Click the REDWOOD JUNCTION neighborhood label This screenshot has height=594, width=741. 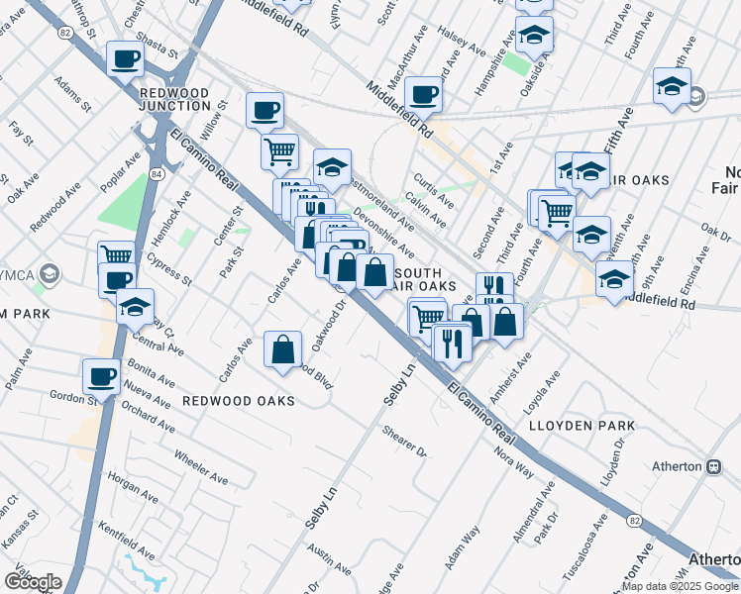tap(174, 99)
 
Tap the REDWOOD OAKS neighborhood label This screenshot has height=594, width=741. tap(238, 401)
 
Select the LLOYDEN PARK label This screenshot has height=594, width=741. tap(594, 425)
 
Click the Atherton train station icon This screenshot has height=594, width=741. tap(712, 466)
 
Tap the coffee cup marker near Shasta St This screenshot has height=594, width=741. tap(126, 60)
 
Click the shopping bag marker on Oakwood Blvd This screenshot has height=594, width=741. tap(283, 348)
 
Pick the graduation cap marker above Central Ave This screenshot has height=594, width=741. tap(135, 307)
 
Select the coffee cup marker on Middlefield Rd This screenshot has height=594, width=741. tap(423, 95)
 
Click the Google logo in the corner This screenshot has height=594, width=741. tap(33, 582)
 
